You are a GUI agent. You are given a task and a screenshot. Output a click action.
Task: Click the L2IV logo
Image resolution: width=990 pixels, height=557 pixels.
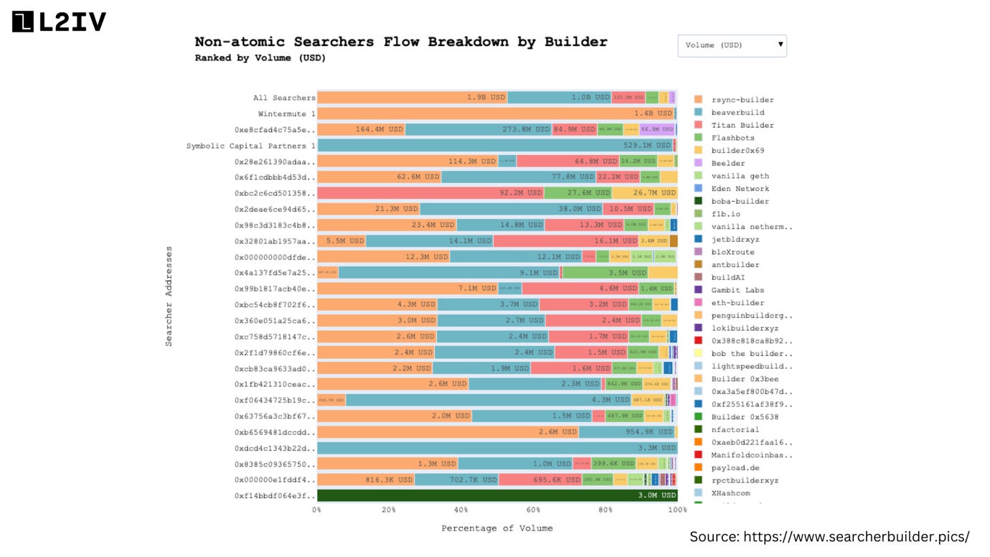[59, 22]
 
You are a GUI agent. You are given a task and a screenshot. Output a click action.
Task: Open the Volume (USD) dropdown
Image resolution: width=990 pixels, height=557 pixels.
[732, 45]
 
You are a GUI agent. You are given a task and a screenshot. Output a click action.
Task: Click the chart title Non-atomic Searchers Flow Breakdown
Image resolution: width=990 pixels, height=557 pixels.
[400, 42]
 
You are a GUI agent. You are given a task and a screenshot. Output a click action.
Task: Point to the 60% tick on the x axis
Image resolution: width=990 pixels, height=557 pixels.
[534, 510]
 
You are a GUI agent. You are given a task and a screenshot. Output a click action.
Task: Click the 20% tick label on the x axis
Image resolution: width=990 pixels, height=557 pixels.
[389, 510]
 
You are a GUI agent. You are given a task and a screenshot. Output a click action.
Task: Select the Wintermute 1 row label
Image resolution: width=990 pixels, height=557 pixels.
[286, 113]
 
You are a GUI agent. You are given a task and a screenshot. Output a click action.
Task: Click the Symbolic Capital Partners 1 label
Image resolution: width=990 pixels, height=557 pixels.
[250, 146]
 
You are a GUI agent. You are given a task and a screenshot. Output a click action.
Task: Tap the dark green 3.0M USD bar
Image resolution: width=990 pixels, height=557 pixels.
[496, 495]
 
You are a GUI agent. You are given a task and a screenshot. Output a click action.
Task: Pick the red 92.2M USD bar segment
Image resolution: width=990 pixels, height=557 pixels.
[430, 193]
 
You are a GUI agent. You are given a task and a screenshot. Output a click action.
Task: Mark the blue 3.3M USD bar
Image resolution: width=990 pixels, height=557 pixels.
[496, 448]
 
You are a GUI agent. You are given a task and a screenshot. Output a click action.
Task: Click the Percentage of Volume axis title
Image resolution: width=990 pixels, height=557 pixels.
[496, 528]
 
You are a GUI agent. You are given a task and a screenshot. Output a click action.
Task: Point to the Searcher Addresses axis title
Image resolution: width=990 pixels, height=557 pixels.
[169, 296]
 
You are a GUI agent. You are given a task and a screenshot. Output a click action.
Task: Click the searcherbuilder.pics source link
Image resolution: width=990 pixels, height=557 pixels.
[856, 536]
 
